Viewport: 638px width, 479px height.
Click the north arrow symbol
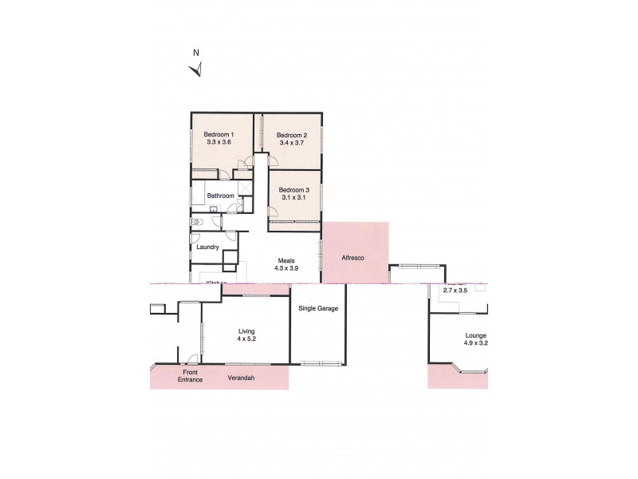(196, 68)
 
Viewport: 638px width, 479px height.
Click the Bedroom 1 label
(218, 134)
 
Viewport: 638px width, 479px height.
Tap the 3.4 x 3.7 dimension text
(291, 144)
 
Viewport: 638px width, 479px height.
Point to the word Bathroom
(220, 196)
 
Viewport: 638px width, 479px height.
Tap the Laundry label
(207, 247)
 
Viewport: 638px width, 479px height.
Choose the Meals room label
(286, 260)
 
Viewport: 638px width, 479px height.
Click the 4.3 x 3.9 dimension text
(286, 269)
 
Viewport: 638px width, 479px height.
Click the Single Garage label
(317, 308)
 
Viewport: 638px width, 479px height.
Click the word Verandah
(241, 378)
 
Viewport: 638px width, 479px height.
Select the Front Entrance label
(190, 375)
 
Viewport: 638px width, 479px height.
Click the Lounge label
(476, 335)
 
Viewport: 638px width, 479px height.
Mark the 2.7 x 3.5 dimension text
(458, 291)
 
